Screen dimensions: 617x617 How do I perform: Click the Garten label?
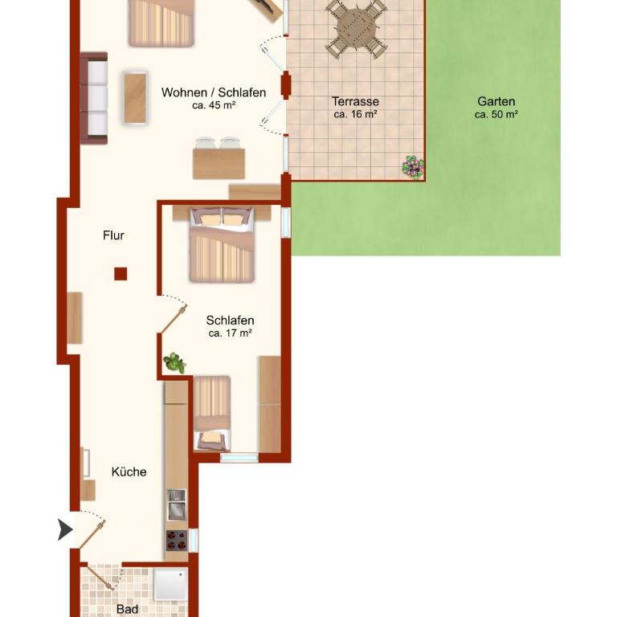click(x=496, y=101)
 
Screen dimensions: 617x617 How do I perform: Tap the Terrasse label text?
click(x=355, y=101)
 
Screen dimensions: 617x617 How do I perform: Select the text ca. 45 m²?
click(x=214, y=105)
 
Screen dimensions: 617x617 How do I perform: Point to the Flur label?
click(x=113, y=235)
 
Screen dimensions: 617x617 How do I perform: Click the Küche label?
click(x=129, y=472)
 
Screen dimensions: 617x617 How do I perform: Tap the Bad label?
click(x=127, y=609)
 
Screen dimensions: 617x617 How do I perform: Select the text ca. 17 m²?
click(x=231, y=333)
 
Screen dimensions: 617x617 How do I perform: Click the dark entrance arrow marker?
click(x=65, y=529)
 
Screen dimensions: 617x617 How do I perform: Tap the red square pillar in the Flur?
click(x=121, y=273)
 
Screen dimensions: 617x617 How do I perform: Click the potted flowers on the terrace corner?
click(x=413, y=167)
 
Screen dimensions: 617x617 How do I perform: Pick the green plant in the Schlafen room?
click(x=174, y=363)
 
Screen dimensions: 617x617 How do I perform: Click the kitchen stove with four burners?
click(x=177, y=540)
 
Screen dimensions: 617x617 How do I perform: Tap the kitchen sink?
click(x=177, y=505)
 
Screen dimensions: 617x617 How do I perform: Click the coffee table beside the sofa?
click(x=135, y=98)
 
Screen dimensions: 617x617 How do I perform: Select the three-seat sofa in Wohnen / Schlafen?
click(x=94, y=98)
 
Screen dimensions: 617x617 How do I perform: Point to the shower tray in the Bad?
click(x=170, y=585)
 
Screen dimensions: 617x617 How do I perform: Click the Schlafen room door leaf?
click(x=174, y=319)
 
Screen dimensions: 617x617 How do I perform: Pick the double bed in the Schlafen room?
click(x=222, y=244)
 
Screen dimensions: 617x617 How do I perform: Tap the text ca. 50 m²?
click(x=496, y=115)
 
